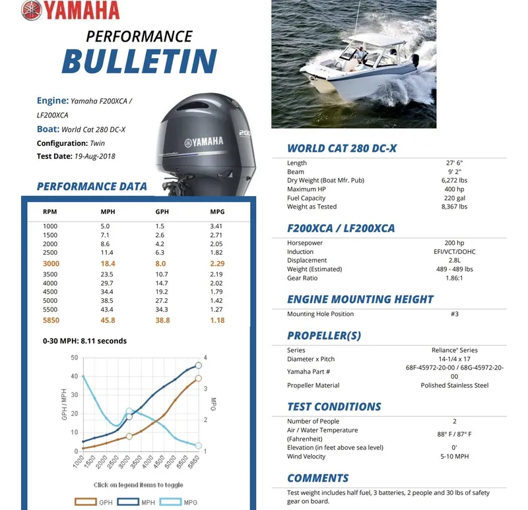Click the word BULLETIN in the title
click(139, 61)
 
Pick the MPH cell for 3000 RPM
click(108, 263)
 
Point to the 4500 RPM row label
click(50, 292)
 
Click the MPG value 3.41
click(216, 226)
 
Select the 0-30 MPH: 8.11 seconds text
click(84, 341)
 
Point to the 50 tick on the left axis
click(74, 358)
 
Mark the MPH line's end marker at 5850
click(198, 366)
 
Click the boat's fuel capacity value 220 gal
click(454, 198)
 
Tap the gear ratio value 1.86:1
click(454, 278)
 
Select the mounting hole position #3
click(454, 314)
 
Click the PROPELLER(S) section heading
click(324, 335)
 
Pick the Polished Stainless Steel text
click(454, 385)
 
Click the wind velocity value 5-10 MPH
click(454, 457)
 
